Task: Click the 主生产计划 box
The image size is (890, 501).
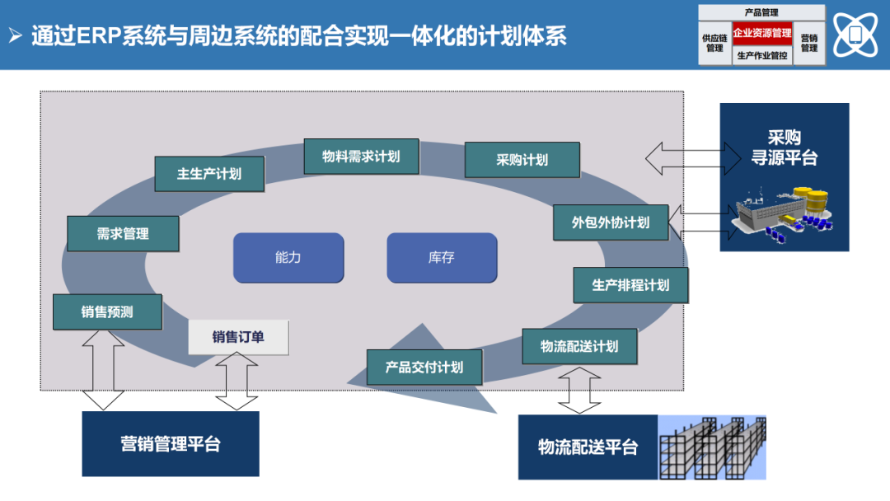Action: [x=209, y=174]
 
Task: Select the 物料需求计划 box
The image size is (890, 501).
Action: [x=361, y=156]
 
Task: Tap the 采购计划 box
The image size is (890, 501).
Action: [x=522, y=160]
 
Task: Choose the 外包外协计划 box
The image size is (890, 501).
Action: [x=610, y=222]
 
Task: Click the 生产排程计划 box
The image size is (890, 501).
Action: [x=630, y=285]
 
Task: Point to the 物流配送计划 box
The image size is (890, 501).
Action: [x=579, y=346]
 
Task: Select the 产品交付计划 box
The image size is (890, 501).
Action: [x=424, y=368]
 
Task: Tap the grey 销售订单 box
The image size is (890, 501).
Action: [x=238, y=337]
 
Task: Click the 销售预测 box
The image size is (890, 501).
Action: [x=107, y=312]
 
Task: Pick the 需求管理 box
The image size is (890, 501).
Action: [x=123, y=234]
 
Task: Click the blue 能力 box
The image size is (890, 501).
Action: [x=288, y=258]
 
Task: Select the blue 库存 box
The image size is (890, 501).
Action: [x=442, y=258]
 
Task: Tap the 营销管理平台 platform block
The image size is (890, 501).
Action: [x=171, y=444]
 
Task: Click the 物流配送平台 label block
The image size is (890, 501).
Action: [x=588, y=447]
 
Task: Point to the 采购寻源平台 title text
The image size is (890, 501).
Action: [x=784, y=147]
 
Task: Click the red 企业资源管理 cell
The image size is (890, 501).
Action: [x=761, y=34]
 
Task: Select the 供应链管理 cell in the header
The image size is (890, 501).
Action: [x=714, y=44]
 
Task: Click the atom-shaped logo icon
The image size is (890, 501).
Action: [x=855, y=35]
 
